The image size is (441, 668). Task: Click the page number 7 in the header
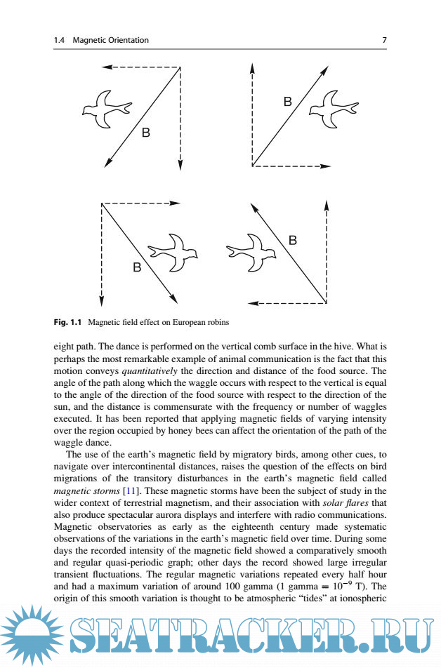coord(384,41)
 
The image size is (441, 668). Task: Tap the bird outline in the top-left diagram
coord(106,108)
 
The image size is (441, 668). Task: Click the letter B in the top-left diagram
coord(146,132)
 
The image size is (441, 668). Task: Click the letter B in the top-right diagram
coord(287,102)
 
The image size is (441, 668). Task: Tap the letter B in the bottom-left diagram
coord(137,267)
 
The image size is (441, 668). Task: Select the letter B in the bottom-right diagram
coord(293,241)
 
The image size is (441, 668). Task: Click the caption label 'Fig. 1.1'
coord(68,323)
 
